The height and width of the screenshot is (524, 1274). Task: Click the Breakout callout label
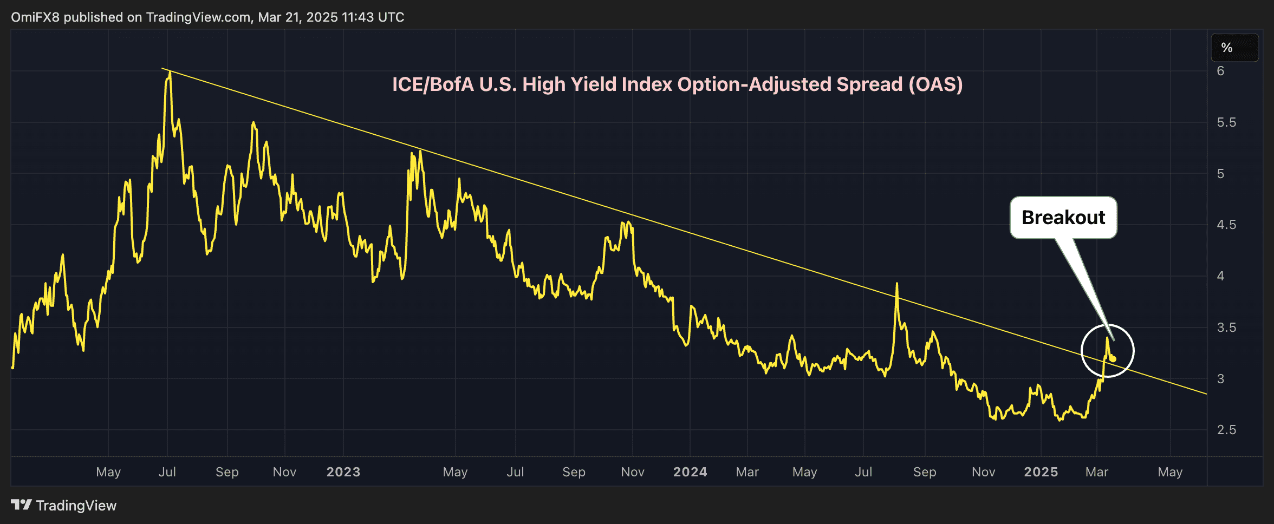pos(1063,218)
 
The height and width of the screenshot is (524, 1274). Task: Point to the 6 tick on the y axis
pos(1220,71)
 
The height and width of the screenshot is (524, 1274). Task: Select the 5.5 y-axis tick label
pos(1226,122)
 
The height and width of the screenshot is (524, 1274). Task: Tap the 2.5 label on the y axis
pos(1226,430)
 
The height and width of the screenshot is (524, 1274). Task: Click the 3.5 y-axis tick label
pos(1226,327)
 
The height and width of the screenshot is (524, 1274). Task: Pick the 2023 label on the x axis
pos(343,472)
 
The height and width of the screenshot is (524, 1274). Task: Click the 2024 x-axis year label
pos(690,472)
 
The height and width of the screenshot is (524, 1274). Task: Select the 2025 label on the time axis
pos(1041,472)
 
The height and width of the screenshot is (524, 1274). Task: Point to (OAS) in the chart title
pos(935,84)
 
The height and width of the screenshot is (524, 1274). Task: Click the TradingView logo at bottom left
pos(64,506)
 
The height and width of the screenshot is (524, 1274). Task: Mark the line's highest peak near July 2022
pos(170,73)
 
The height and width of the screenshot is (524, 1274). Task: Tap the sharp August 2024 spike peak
pos(897,284)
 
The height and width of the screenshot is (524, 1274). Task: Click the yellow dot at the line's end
pos(1113,359)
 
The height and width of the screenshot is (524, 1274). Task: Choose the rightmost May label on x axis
pos(1170,472)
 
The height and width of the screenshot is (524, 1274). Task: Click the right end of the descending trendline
pos(1206,394)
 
